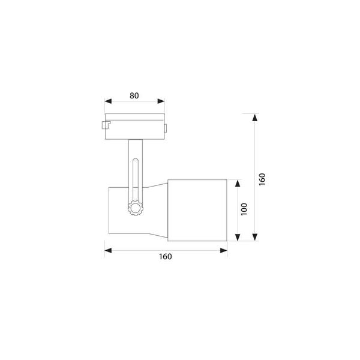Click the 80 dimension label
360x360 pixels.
(134, 95)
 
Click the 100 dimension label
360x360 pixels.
(244, 209)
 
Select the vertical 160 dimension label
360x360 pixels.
(262, 179)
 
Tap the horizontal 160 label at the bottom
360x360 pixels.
(166, 256)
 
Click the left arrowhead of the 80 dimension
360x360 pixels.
(108, 101)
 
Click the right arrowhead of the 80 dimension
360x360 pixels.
(161, 101)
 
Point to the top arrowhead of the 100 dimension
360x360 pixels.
(238, 184)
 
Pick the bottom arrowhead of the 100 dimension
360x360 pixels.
(238, 237)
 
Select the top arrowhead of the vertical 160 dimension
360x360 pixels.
(254, 118)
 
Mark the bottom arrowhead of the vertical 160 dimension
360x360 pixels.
(254, 237)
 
